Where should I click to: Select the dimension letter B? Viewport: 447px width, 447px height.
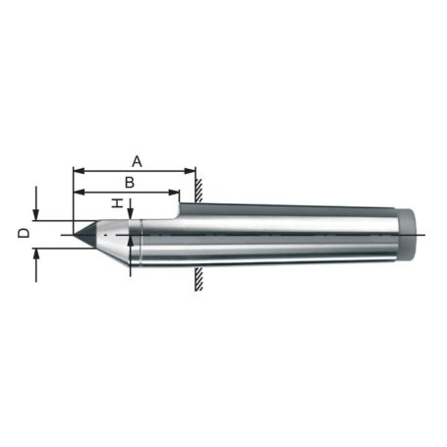128,182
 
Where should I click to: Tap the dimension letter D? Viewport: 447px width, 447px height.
22,234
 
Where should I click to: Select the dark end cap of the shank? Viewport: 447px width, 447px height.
410,235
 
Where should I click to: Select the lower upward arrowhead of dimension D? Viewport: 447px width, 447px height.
36,253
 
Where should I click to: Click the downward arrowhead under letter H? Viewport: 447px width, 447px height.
130,217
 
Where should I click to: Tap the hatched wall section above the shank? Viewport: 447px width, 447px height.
198,189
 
